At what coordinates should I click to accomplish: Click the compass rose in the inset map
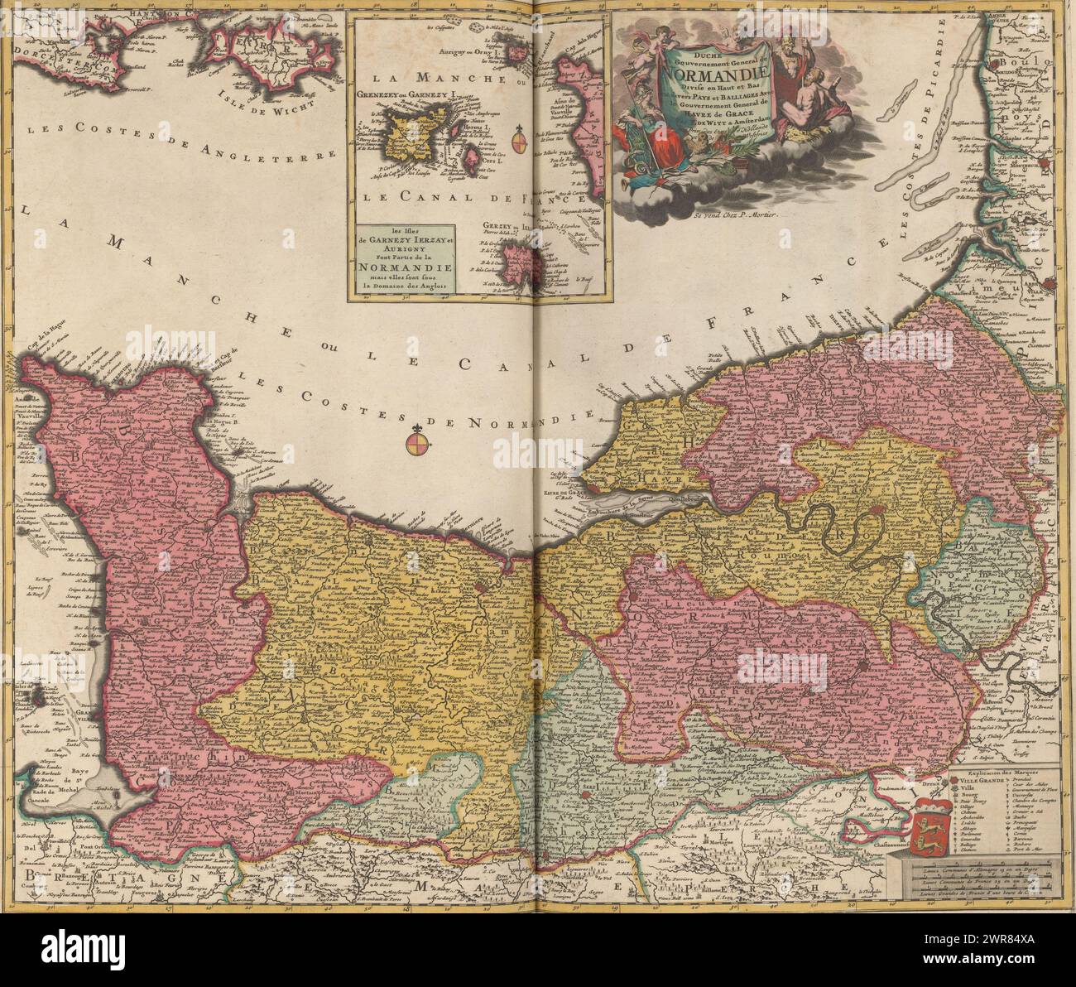pos(519,141)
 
